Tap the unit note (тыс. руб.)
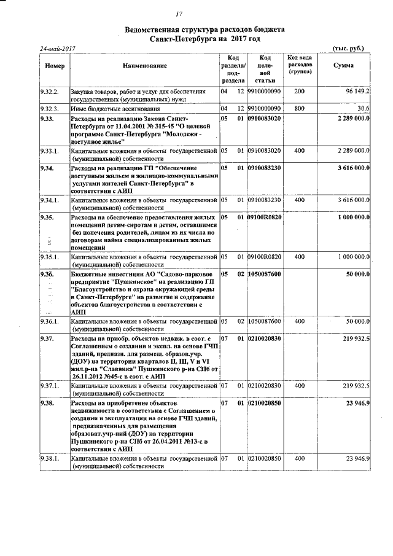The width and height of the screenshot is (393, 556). pos(348,48)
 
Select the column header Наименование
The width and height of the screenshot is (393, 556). pos(144,66)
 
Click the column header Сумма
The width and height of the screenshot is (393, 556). pos(343,66)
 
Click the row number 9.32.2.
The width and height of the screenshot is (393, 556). pos(49,92)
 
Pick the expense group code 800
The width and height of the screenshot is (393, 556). pos(299,108)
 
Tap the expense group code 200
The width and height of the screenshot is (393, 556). pos(299,92)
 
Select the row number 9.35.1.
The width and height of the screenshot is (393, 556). pos(49,256)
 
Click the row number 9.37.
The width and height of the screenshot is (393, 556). pos(47,339)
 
